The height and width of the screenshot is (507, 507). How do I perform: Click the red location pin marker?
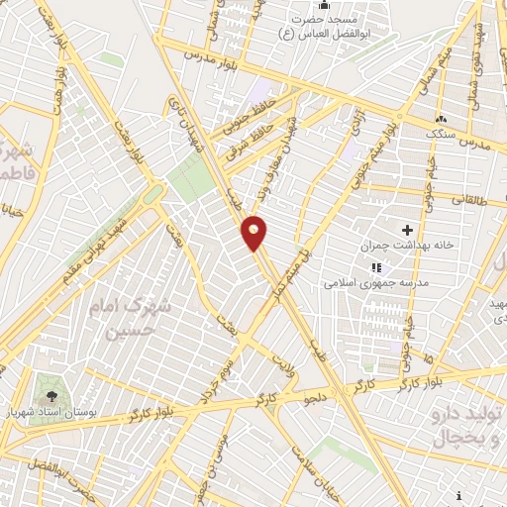point(254,232)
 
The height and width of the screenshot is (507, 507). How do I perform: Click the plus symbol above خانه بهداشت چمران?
point(407,230)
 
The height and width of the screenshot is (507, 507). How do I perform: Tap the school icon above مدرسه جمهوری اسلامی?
point(375,267)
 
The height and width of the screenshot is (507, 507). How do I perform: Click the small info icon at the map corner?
point(459,495)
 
